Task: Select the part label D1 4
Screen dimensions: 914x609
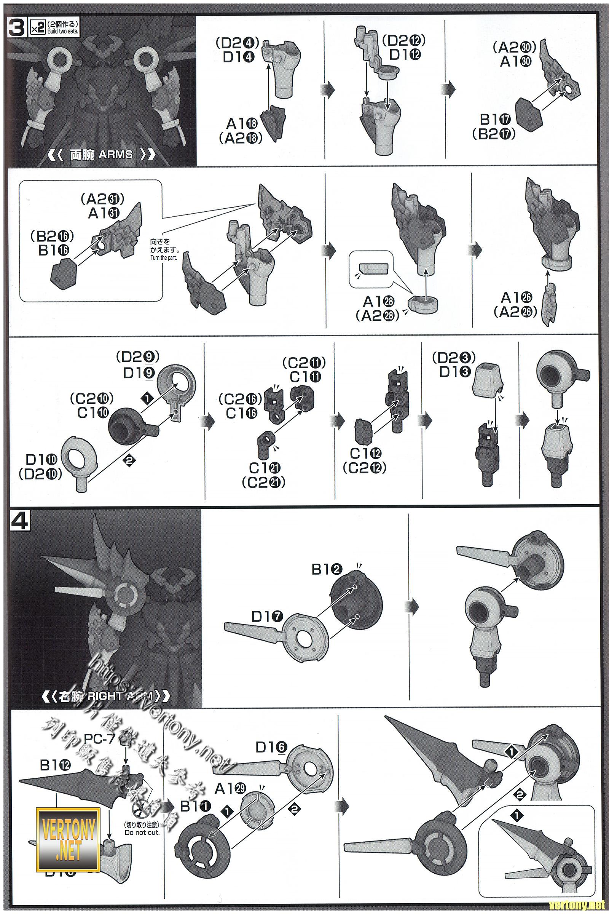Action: point(239,57)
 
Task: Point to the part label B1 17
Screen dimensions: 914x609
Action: point(494,119)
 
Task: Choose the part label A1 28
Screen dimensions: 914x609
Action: point(379,301)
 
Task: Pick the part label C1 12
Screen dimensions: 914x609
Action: point(365,453)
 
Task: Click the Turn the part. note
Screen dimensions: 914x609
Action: point(163,258)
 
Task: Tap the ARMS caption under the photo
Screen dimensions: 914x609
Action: point(115,154)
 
